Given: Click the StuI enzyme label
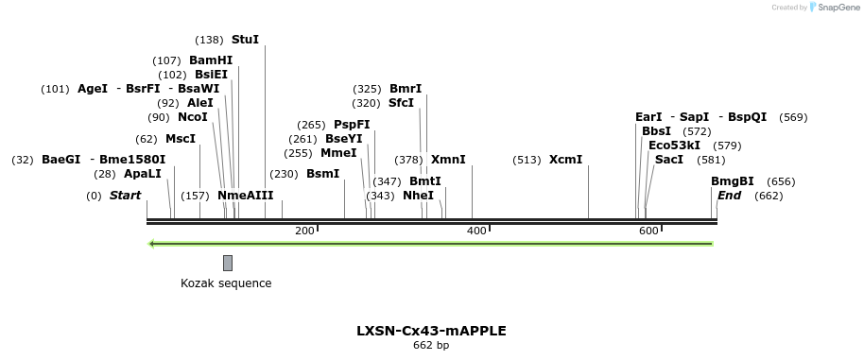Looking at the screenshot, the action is coord(245,40).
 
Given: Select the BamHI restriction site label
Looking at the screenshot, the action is coord(210,60).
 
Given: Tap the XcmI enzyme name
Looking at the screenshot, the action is coord(565,160).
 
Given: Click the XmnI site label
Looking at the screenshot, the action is coord(448,160).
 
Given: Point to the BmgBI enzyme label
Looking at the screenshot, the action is coord(733,181).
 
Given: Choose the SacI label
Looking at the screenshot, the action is coord(669,160).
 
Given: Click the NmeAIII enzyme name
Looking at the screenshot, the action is coord(245,196).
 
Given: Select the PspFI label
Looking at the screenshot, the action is coord(352,125).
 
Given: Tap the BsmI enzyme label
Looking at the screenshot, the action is coord(322,174).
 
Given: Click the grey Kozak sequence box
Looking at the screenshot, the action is coord(228,263).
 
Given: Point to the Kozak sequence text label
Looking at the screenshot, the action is coord(226,283).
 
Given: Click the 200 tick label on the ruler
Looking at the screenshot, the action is coord(304,231).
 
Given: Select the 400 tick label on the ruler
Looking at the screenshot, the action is coord(476,231).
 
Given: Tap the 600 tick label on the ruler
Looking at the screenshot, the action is coord(648,231).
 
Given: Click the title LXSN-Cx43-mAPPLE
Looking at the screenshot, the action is coord(431,331).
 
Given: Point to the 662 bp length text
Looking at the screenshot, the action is coord(431,346).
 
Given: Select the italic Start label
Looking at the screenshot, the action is coord(125,196).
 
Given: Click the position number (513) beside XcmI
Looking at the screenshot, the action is coord(527,160).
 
